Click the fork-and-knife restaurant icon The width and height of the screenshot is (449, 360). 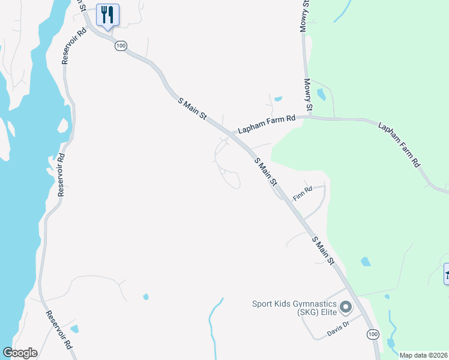point(107,14)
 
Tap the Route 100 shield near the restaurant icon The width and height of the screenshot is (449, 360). point(121,46)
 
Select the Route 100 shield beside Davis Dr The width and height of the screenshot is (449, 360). point(373,334)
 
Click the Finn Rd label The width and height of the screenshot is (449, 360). point(303,194)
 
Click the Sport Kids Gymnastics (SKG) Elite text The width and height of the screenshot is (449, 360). point(294,307)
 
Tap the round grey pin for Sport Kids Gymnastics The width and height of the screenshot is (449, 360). point(345,308)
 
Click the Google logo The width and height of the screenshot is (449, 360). point(20,353)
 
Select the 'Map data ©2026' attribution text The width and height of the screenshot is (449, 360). point(423,355)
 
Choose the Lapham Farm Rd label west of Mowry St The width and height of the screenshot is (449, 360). point(267,124)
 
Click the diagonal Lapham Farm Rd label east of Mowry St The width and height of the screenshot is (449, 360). point(399,145)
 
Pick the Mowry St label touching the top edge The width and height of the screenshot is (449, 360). point(305,15)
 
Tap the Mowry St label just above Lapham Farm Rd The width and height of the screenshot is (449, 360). point(308,95)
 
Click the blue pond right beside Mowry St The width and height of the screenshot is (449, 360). point(321,94)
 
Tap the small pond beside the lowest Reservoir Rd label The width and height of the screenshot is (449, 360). point(74,328)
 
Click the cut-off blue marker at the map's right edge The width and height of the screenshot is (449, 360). point(446,274)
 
